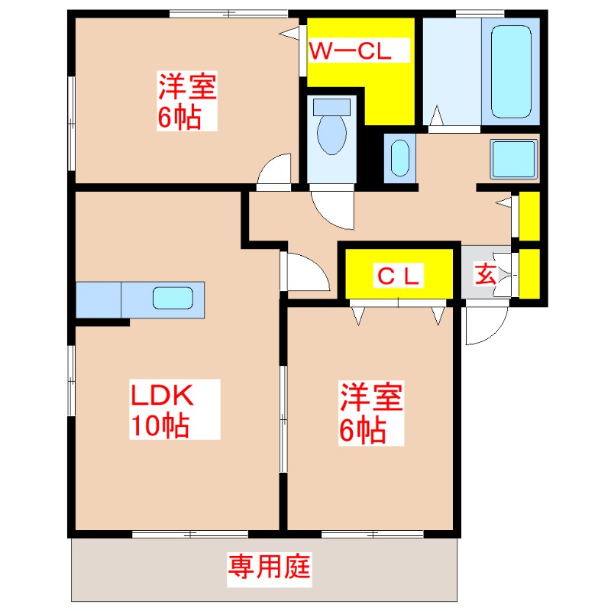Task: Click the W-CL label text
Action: [x=350, y=51]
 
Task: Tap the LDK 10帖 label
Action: [x=163, y=410]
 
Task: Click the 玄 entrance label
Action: [x=485, y=273]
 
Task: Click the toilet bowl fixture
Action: [x=331, y=130]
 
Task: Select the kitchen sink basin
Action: [x=178, y=298]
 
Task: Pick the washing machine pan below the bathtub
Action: [x=514, y=159]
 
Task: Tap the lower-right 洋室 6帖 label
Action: [x=370, y=413]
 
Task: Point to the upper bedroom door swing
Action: [x=273, y=170]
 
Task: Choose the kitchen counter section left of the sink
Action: [x=99, y=299]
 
